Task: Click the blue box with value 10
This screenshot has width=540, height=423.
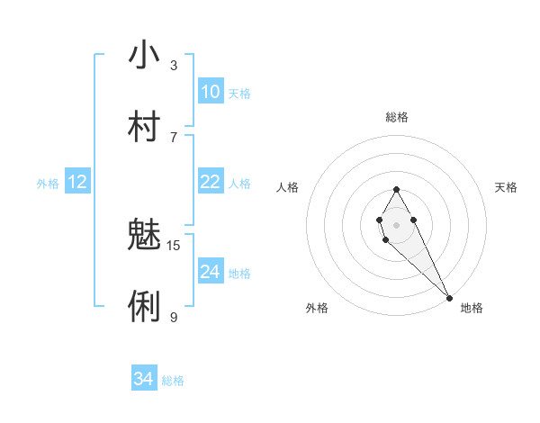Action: [x=211, y=92]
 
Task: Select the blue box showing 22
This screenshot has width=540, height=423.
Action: [x=211, y=182]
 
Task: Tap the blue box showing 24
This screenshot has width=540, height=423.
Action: [x=211, y=272]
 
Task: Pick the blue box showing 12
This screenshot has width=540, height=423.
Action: [x=77, y=182]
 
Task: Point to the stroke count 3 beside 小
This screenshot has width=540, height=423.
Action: [x=174, y=66]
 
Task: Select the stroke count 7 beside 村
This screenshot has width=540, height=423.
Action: [x=174, y=137]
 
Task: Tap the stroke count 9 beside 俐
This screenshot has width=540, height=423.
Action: [x=174, y=317]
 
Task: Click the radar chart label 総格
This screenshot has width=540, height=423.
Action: [x=397, y=117]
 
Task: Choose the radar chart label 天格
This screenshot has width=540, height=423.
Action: [x=507, y=187]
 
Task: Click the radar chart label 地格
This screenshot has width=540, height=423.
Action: [x=472, y=308]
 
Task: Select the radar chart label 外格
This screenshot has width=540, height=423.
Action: [x=317, y=308]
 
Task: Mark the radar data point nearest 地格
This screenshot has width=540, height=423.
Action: [x=449, y=297]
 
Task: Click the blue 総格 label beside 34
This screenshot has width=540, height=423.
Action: [x=173, y=381]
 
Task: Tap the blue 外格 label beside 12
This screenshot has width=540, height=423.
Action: [x=48, y=184]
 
